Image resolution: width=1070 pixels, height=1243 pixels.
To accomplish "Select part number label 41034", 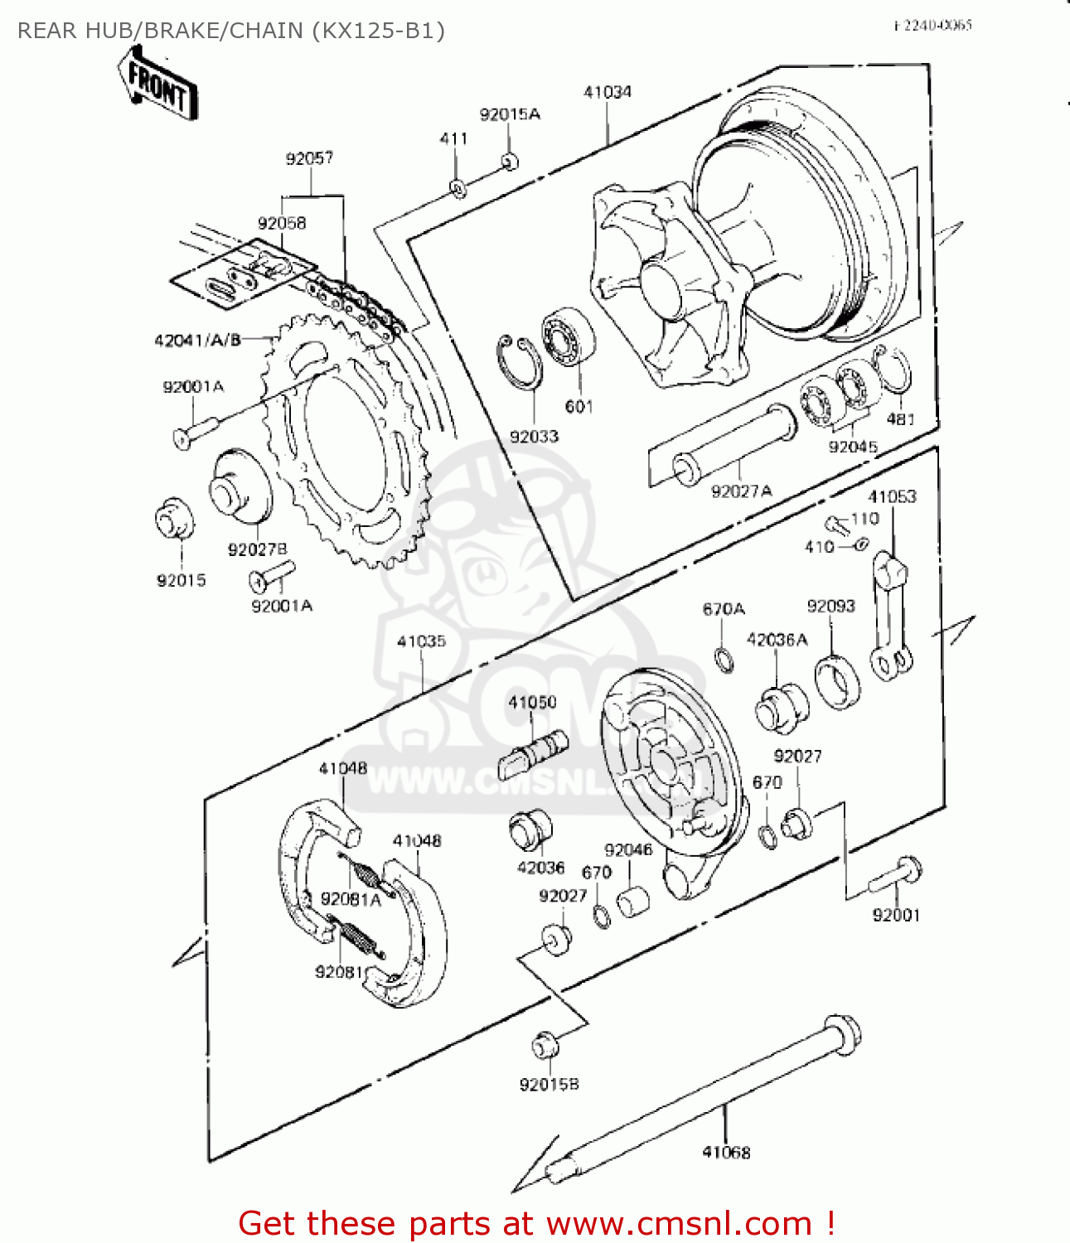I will tap(608, 92).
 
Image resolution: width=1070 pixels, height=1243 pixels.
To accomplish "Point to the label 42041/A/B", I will tap(197, 340).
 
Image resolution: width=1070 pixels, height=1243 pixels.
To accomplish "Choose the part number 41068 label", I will tap(726, 1152).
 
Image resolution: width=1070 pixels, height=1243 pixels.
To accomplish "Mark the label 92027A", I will tap(741, 491).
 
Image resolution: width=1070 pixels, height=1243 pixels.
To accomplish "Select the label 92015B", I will tap(549, 1084).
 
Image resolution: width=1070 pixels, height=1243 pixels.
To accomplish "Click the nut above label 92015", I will tap(175, 519).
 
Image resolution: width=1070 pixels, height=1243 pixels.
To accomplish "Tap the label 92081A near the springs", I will tap(351, 899).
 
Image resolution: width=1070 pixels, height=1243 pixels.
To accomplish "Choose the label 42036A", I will tap(777, 639).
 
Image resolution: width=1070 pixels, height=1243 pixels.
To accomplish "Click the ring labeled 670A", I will tap(724, 659).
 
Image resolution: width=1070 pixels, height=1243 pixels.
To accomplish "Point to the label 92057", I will tap(309, 158).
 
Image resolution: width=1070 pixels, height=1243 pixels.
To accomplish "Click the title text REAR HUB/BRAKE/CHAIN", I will tap(231, 31).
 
